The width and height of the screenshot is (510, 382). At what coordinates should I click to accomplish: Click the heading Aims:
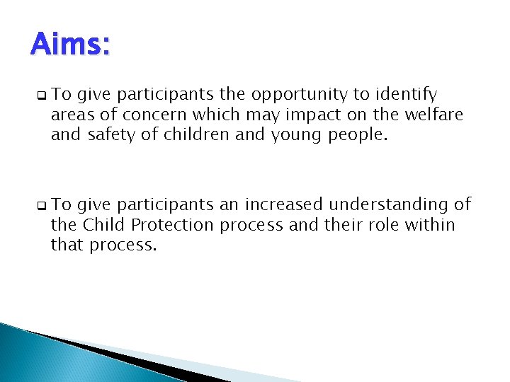[70, 46]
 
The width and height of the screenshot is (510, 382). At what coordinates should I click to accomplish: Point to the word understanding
[390, 205]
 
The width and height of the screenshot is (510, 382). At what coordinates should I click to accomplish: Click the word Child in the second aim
[101, 224]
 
